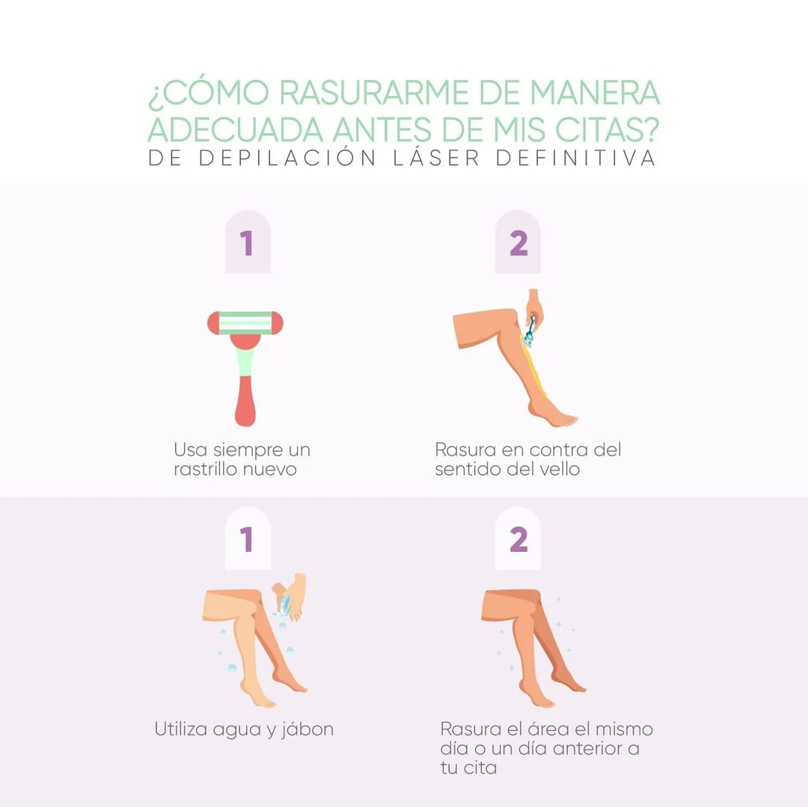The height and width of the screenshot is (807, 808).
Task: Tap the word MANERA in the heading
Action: click(x=595, y=93)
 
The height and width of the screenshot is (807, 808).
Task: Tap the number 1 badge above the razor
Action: click(x=248, y=244)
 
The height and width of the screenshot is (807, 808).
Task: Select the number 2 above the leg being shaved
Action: click(x=518, y=244)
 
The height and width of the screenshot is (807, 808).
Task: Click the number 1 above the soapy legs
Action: click(x=248, y=539)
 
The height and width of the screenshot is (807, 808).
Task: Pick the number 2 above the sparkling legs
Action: click(x=518, y=539)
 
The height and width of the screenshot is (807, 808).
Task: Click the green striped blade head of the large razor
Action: click(x=245, y=322)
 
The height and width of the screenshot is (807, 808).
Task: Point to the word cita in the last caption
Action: click(x=479, y=768)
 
